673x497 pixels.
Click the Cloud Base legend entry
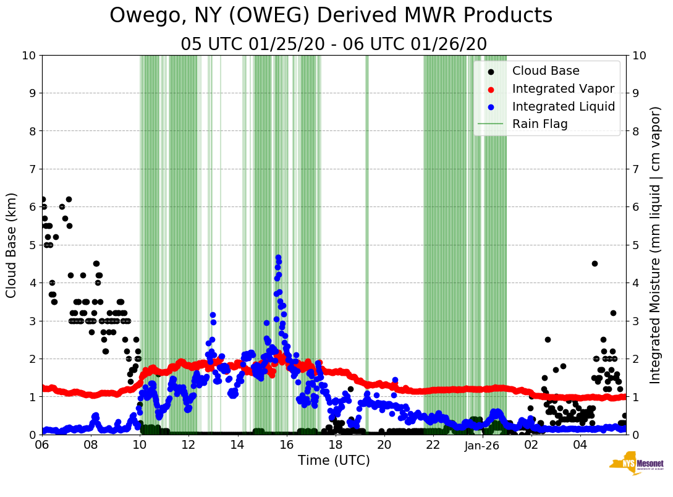[x=546, y=71]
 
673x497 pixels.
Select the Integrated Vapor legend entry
[x=563, y=88]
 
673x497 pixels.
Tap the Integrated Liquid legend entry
[x=563, y=106]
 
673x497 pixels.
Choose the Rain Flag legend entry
[x=540, y=124]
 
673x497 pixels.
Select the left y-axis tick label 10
[x=28, y=56]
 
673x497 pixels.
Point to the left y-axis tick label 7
[x=32, y=169]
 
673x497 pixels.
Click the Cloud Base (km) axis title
[x=12, y=245]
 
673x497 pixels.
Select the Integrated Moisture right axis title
[x=656, y=245]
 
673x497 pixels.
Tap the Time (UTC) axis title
[x=334, y=461]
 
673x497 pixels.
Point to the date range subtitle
[x=334, y=44]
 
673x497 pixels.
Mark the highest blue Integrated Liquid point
[x=278, y=257]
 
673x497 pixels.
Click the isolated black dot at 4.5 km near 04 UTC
[x=595, y=263]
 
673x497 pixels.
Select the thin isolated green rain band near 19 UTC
[x=366, y=245]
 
